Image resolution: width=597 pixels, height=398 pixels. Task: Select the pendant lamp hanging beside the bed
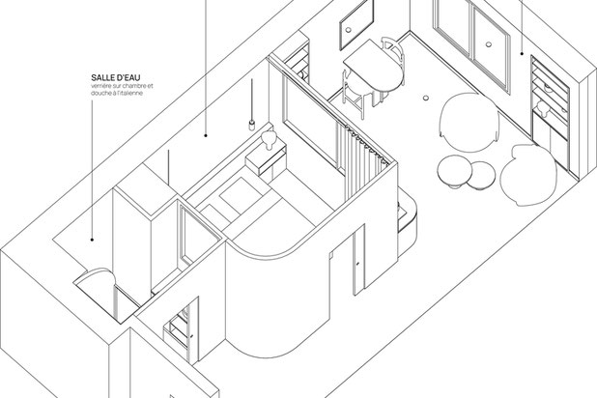(251, 123)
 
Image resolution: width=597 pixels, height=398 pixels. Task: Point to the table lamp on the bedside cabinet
(270, 141)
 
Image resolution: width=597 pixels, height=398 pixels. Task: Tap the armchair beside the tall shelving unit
(526, 174)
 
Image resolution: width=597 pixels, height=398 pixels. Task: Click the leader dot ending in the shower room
(94, 239)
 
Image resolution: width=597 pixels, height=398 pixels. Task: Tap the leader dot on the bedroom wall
(206, 136)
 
